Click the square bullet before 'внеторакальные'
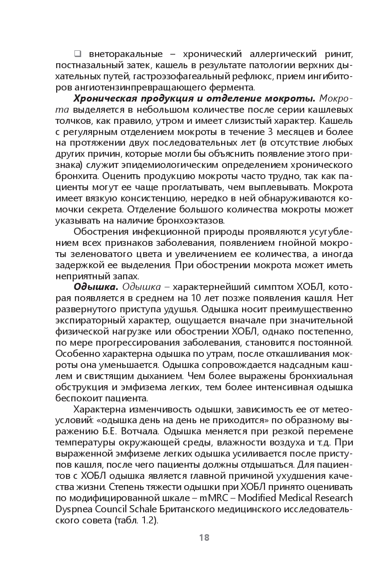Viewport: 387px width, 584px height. click(78, 54)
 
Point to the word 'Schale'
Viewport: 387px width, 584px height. click(146, 508)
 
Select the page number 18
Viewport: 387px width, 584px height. click(204, 537)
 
